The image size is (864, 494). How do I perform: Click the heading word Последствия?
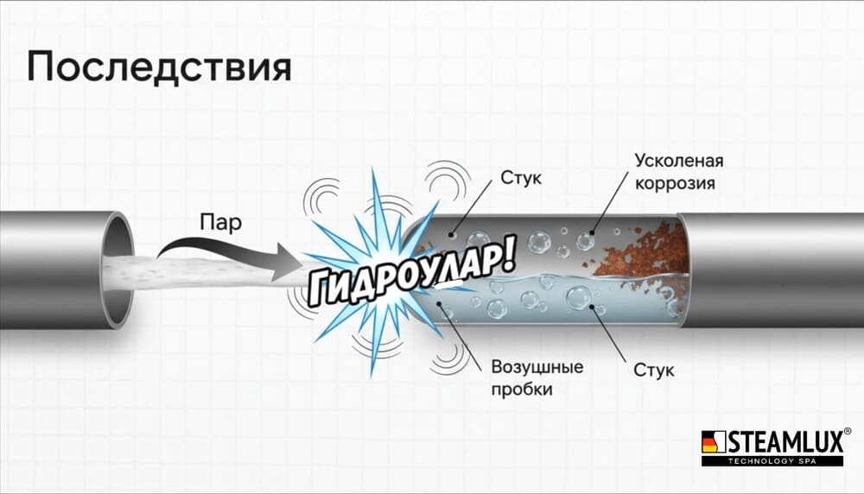pyautogui.click(x=158, y=67)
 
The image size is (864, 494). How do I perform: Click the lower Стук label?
pyautogui.click(x=653, y=370)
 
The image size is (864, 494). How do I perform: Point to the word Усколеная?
pyautogui.click(x=679, y=161)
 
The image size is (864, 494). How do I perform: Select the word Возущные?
pyautogui.click(x=537, y=367)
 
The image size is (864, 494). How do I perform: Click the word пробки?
pyautogui.click(x=522, y=389)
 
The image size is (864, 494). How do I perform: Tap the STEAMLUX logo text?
pyautogui.click(x=782, y=440)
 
